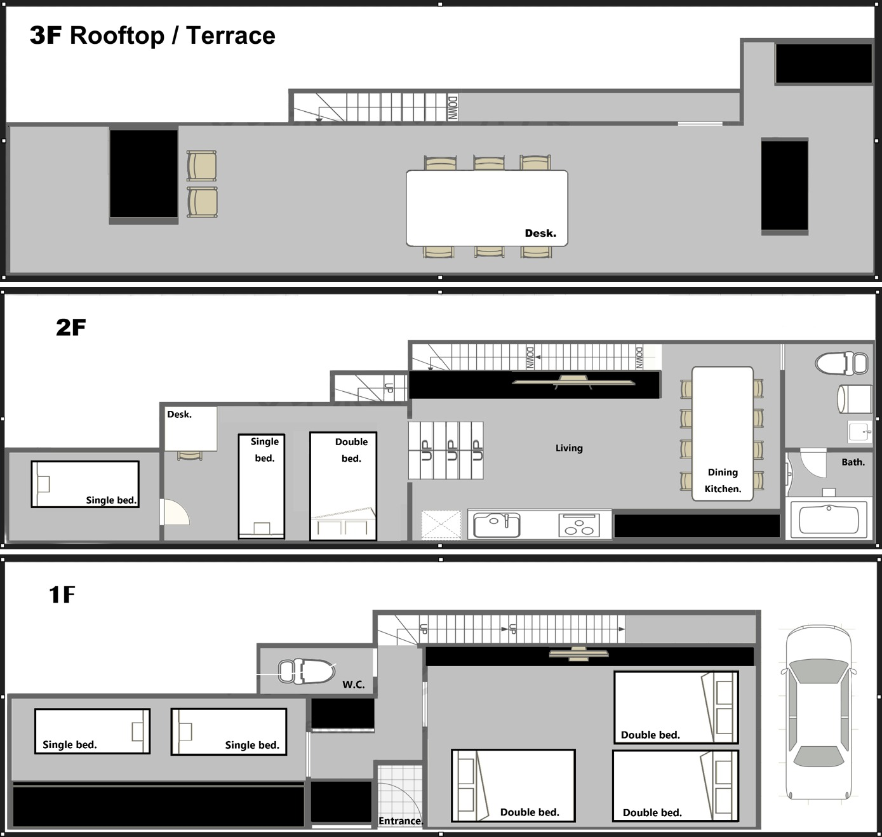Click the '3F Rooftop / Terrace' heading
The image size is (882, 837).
(152, 36)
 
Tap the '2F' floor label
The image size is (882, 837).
(71, 327)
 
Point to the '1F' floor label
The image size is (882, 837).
(62, 594)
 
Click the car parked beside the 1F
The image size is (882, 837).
(819, 713)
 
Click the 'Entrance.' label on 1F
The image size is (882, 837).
(401, 821)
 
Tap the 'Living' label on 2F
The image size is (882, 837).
(569, 448)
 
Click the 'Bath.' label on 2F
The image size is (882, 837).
(853, 462)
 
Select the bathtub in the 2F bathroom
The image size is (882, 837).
(829, 519)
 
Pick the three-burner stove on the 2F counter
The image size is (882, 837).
(579, 525)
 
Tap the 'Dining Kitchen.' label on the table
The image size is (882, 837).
(723, 480)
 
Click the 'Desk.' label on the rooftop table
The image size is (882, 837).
(540, 233)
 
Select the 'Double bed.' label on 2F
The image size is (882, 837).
(351, 450)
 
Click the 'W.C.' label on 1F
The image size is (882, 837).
(354, 685)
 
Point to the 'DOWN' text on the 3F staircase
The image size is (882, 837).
(453, 108)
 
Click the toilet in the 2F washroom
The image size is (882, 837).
(841, 363)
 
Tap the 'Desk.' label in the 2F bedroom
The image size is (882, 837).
(180, 414)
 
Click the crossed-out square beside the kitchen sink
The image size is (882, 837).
(441, 525)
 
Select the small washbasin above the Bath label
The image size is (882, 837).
(860, 432)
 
